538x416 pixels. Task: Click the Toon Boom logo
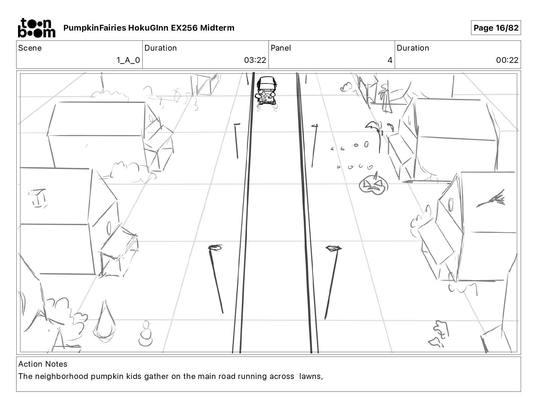pos(36,28)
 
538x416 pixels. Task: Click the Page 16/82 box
pos(496,28)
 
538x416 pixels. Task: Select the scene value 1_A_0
pos(128,60)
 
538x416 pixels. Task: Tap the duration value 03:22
pos(255,60)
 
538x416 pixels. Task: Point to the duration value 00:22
pos(507,60)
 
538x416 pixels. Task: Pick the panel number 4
pos(390,60)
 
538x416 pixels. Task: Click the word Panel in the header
pos(281,48)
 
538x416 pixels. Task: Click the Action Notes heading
pos(43,364)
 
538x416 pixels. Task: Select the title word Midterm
pos(217,28)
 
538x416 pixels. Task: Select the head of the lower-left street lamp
pos(215,247)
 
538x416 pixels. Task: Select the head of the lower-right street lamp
pos(334,248)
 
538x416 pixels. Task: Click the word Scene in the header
pos(30,48)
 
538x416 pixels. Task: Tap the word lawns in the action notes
pos(310,377)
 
